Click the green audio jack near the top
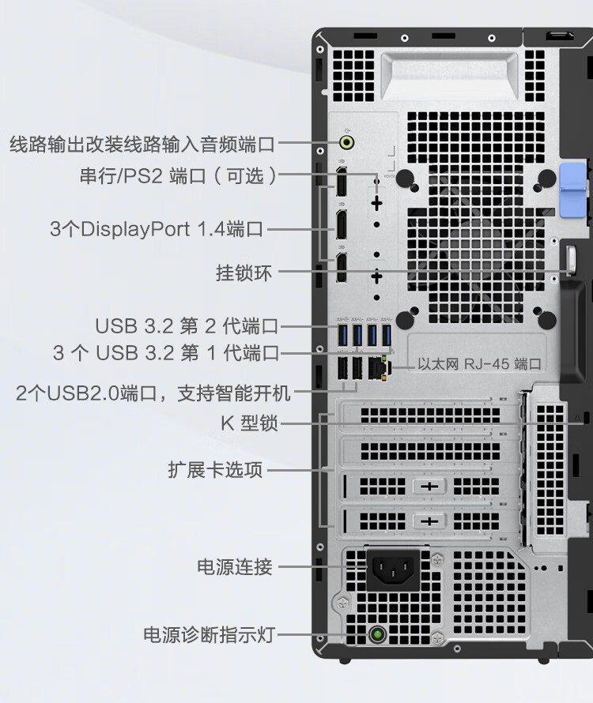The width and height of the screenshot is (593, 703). pos(347,143)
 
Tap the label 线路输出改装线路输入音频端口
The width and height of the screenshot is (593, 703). pos(142,145)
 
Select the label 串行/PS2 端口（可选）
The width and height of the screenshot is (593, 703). pos(179,175)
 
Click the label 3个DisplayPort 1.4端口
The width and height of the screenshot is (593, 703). pos(157,230)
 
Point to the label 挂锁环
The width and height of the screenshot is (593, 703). pos(244,273)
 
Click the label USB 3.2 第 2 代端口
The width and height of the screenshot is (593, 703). pos(187,325)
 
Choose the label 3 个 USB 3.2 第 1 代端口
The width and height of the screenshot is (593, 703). pos(166,353)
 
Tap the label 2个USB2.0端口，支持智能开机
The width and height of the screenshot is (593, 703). pos(153,393)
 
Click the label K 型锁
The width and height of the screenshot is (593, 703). pos(249,423)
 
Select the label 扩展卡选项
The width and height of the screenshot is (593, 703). pos(215,470)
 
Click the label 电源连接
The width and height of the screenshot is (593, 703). pos(234,566)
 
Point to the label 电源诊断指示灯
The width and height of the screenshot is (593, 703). pos(209,634)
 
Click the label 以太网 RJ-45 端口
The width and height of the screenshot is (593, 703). pos(480,364)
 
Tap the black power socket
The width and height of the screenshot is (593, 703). pos(394,570)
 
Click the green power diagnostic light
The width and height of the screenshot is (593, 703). pos(378,634)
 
